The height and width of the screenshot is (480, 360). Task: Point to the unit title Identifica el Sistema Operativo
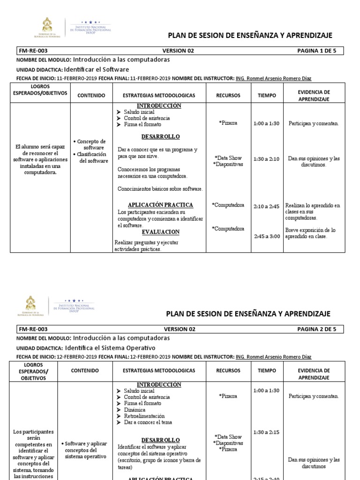(110, 348)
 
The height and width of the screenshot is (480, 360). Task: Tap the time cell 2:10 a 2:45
(266, 206)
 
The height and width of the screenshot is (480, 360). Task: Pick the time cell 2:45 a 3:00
(266, 236)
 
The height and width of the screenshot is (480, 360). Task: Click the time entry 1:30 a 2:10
(266, 159)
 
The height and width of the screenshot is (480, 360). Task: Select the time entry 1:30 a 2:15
(266, 432)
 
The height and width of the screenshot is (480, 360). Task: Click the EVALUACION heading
(161, 232)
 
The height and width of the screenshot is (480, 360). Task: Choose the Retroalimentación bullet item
(144, 416)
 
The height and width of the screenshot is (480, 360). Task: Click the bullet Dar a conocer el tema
(148, 422)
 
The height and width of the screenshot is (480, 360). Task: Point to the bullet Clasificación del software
(91, 157)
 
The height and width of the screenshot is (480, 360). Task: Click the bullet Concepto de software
(91, 144)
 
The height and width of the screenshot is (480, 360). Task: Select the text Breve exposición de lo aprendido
(311, 233)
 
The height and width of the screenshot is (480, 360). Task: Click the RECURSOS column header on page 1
(228, 95)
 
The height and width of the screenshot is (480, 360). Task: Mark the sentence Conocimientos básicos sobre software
(160, 188)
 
